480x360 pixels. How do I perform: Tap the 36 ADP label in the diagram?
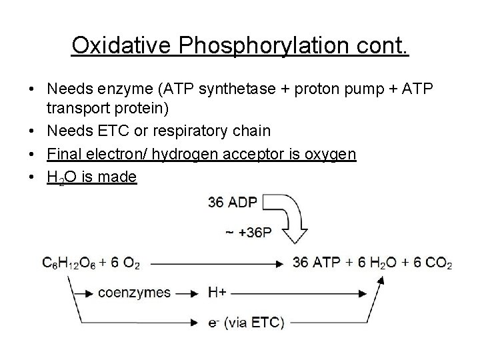tap(232, 202)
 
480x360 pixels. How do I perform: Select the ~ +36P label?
tap(248, 233)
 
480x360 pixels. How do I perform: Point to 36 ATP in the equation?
tap(315, 264)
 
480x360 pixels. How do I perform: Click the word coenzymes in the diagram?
tap(134, 293)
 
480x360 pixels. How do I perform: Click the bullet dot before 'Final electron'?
tap(32, 155)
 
